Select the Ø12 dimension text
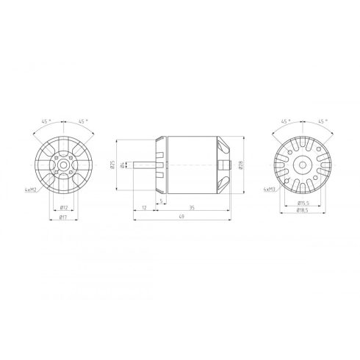pos(65,209)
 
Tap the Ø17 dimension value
pos(65,218)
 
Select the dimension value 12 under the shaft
pos(144,209)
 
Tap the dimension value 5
pos(160,199)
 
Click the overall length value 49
pos(181,218)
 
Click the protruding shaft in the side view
pos(146,165)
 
